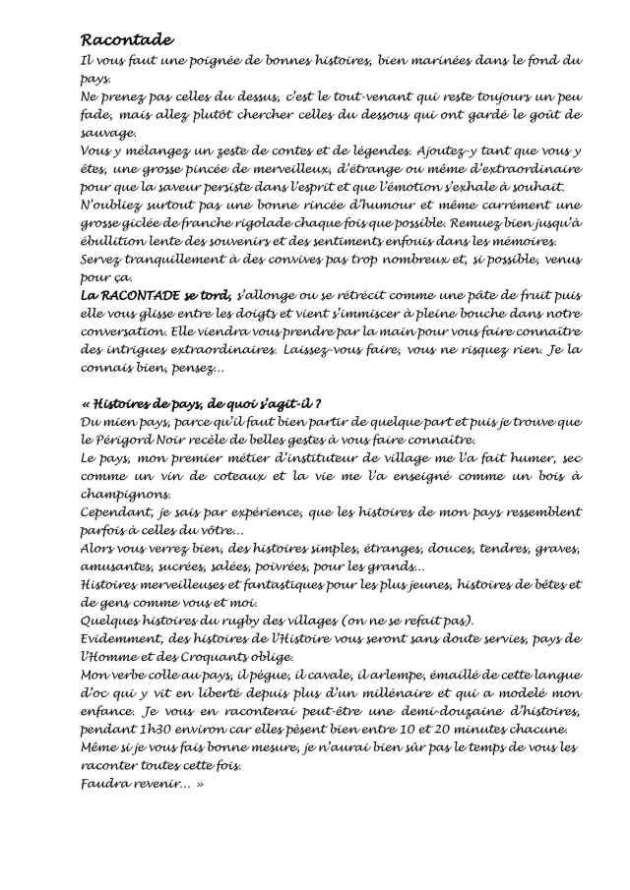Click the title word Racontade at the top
[x=126, y=40]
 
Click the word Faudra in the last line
[x=105, y=784]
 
